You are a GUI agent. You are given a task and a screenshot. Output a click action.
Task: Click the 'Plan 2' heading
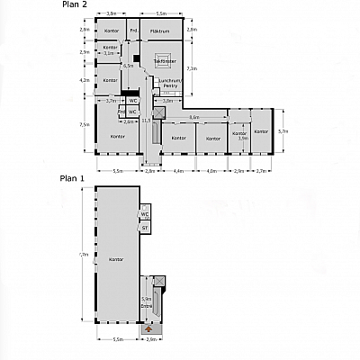tap(75, 5)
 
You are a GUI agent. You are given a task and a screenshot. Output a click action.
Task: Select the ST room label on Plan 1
tap(145, 228)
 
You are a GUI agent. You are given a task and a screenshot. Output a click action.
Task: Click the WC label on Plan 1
tap(145, 213)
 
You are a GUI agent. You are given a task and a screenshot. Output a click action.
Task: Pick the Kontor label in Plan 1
tap(115, 259)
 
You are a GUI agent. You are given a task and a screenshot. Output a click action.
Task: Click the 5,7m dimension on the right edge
tap(283, 131)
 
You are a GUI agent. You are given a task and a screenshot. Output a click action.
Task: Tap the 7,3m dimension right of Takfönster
tap(191, 68)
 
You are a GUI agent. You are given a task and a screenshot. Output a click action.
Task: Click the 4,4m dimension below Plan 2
tap(178, 170)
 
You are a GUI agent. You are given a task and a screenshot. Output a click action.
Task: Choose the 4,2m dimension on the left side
tap(85, 81)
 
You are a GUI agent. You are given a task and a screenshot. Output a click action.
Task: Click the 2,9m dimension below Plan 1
tap(152, 340)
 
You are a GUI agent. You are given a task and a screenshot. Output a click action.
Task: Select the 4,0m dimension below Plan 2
tap(211, 170)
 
